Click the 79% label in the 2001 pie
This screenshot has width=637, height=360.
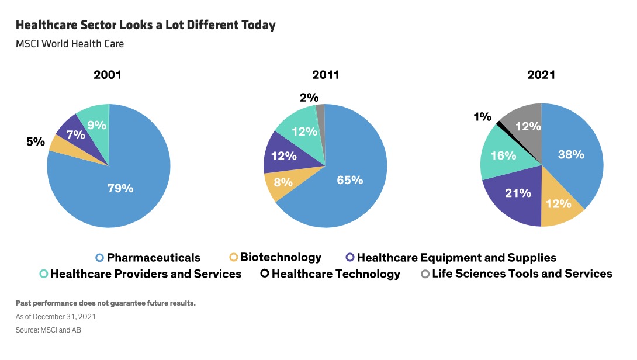point(120,188)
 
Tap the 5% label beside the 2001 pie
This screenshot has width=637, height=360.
point(35,142)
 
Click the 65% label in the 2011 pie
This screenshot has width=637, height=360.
point(349,180)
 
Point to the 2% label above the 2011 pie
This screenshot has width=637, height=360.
point(309,98)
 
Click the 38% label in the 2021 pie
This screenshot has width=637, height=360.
point(570,154)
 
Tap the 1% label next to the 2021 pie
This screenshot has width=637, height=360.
point(482,117)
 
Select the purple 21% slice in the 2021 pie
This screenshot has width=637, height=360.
point(518,193)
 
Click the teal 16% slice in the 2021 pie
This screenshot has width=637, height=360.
point(503,155)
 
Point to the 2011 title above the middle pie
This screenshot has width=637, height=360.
point(326,75)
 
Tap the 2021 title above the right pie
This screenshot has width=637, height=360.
point(541,75)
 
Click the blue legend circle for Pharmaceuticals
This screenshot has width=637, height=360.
point(99,258)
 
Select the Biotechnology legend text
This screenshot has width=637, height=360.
point(281,258)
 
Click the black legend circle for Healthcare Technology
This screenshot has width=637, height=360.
point(264,274)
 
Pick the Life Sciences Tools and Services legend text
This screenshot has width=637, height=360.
point(522,274)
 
